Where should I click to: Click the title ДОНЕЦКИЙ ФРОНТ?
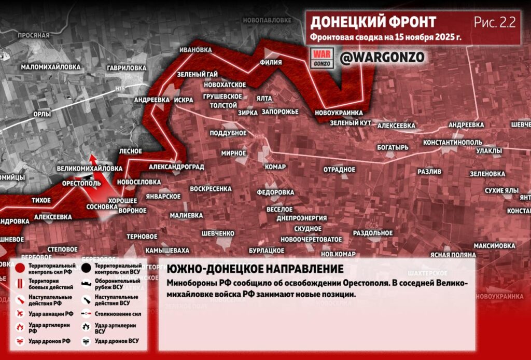373,22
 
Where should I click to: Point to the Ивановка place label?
195,50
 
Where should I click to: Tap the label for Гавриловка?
127,68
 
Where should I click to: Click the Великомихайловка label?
90,169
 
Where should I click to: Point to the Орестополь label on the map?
81,184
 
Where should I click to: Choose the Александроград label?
176,167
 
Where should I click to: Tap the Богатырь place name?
393,147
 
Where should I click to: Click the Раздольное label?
373,233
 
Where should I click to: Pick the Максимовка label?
494,245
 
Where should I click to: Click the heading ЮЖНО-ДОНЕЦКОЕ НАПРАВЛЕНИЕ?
255,270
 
